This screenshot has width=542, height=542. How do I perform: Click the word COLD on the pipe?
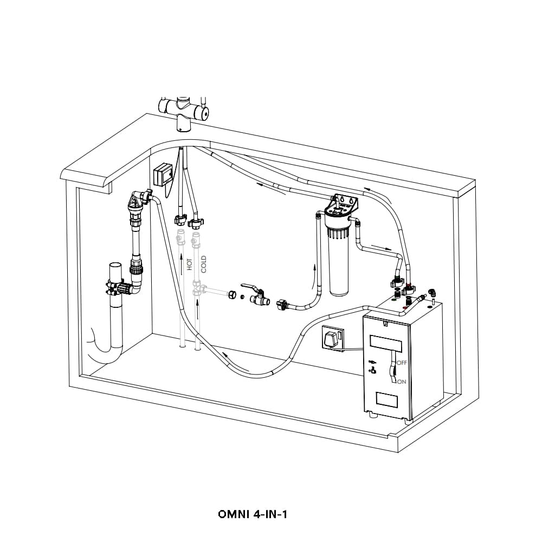click(x=204, y=264)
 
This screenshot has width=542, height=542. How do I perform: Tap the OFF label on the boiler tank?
click(x=402, y=362)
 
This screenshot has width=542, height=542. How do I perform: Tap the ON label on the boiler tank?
click(x=402, y=382)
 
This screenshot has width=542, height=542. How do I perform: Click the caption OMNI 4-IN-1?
click(x=252, y=514)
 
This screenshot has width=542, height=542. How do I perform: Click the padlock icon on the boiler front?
click(x=373, y=372)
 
